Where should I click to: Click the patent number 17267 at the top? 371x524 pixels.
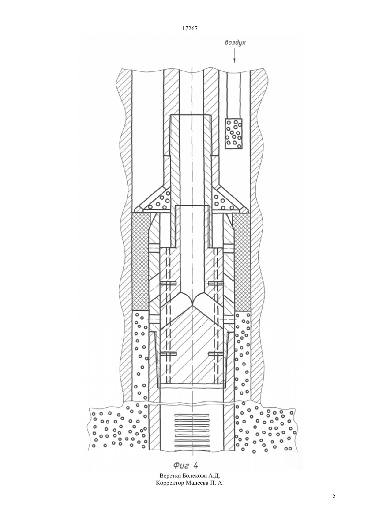[190, 29]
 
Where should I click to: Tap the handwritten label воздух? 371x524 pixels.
[235, 43]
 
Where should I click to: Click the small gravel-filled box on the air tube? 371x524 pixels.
[233, 134]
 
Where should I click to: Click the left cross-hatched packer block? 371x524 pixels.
[140, 262]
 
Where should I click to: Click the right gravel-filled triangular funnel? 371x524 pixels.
[227, 200]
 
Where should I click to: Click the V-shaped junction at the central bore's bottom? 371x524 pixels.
[192, 305]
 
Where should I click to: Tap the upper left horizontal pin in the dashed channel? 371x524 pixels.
[168, 283]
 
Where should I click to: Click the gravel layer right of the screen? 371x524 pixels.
[266, 426]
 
